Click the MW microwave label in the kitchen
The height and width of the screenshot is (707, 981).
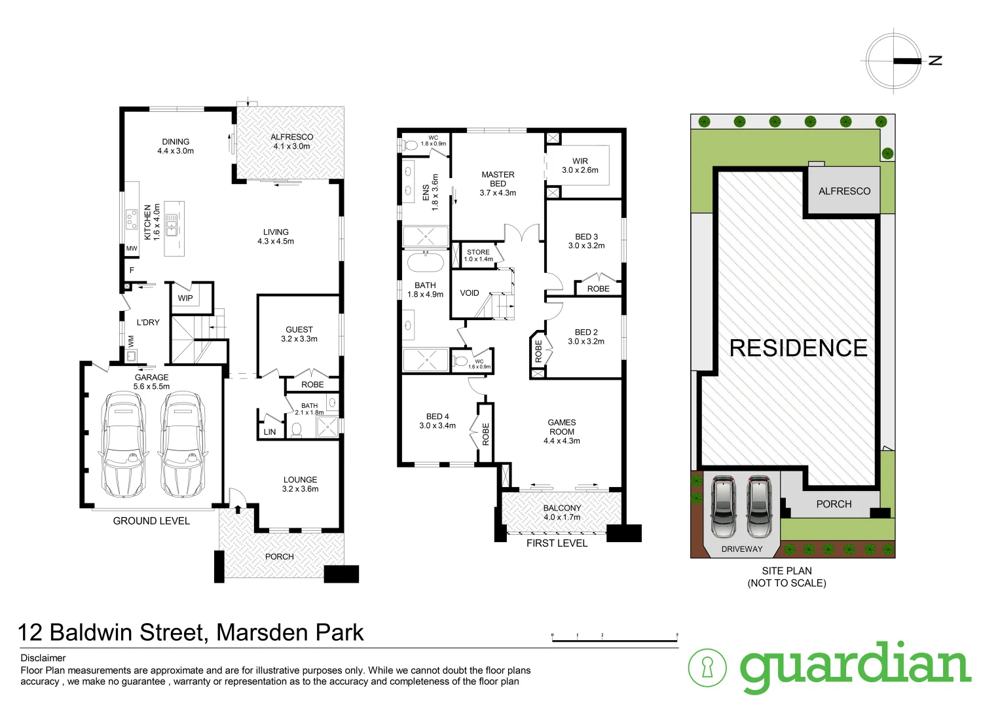click(132, 249)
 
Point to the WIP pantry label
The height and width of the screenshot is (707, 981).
click(185, 299)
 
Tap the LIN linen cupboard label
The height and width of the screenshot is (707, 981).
click(270, 432)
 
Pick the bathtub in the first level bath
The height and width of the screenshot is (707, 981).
click(426, 263)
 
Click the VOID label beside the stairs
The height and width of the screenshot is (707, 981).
click(470, 293)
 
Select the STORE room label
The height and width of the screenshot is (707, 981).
click(478, 252)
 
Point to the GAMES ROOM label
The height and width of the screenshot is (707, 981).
click(562, 427)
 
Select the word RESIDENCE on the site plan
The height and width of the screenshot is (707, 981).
click(798, 348)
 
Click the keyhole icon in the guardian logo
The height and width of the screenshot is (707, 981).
click(707, 668)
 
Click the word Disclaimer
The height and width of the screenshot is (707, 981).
click(43, 658)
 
